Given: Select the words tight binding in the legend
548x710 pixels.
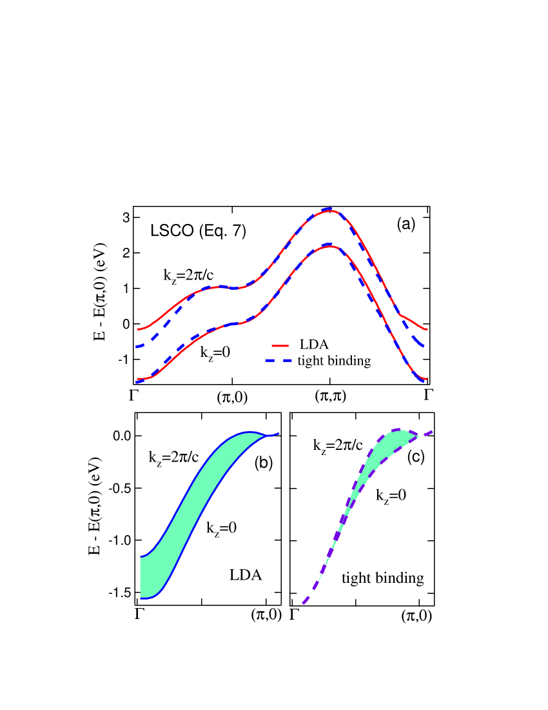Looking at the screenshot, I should click(334, 361).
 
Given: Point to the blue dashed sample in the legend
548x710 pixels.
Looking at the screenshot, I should click(280, 361).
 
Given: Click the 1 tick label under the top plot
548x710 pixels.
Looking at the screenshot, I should click(233, 396).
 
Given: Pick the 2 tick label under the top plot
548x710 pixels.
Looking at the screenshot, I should click(330, 396).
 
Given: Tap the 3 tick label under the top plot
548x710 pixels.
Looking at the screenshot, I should click(427, 396).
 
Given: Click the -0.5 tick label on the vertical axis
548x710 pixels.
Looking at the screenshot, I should click(275, 489).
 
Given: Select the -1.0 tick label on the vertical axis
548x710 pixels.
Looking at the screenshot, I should click(275, 541).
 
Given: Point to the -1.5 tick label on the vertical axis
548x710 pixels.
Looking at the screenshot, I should click(275, 593).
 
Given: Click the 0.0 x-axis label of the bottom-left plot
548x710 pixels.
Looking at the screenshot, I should click(137, 617).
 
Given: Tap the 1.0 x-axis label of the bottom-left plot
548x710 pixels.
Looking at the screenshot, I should click(266, 617).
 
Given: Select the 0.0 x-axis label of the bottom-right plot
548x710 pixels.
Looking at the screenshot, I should click(292, 618).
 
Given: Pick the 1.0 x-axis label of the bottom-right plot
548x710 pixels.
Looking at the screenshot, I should click(420, 618).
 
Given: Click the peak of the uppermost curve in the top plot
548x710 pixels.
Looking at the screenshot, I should click(329, 210).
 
